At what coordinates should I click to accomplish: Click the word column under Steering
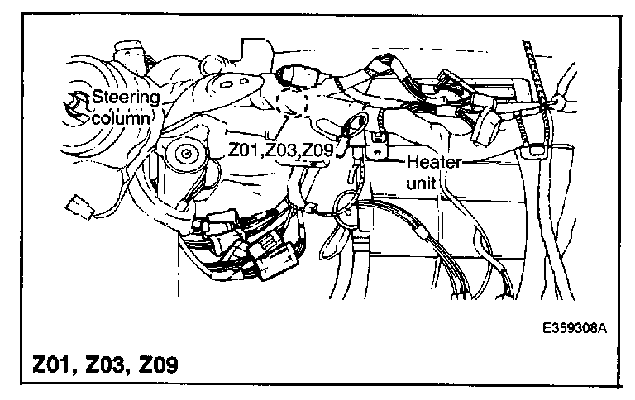tap(122, 118)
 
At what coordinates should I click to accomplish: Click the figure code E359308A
tap(575, 328)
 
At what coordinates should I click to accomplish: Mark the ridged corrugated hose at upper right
tap(538, 83)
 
